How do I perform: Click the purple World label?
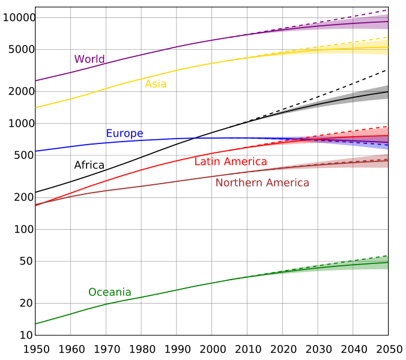pyautogui.click(x=89, y=59)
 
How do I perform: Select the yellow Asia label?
pyautogui.click(x=156, y=84)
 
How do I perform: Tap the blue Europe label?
pyautogui.click(x=124, y=133)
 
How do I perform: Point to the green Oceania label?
pyautogui.click(x=109, y=292)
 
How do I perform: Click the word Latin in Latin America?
pyautogui.click(x=207, y=161)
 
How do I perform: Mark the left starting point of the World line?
pyautogui.click(x=36, y=80)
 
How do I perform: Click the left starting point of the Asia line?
pyautogui.click(x=36, y=108)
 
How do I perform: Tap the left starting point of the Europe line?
pyautogui.click(x=36, y=151)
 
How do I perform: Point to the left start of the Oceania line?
pyautogui.click(x=36, y=324)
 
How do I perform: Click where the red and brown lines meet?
pyautogui.click(x=37, y=205)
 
